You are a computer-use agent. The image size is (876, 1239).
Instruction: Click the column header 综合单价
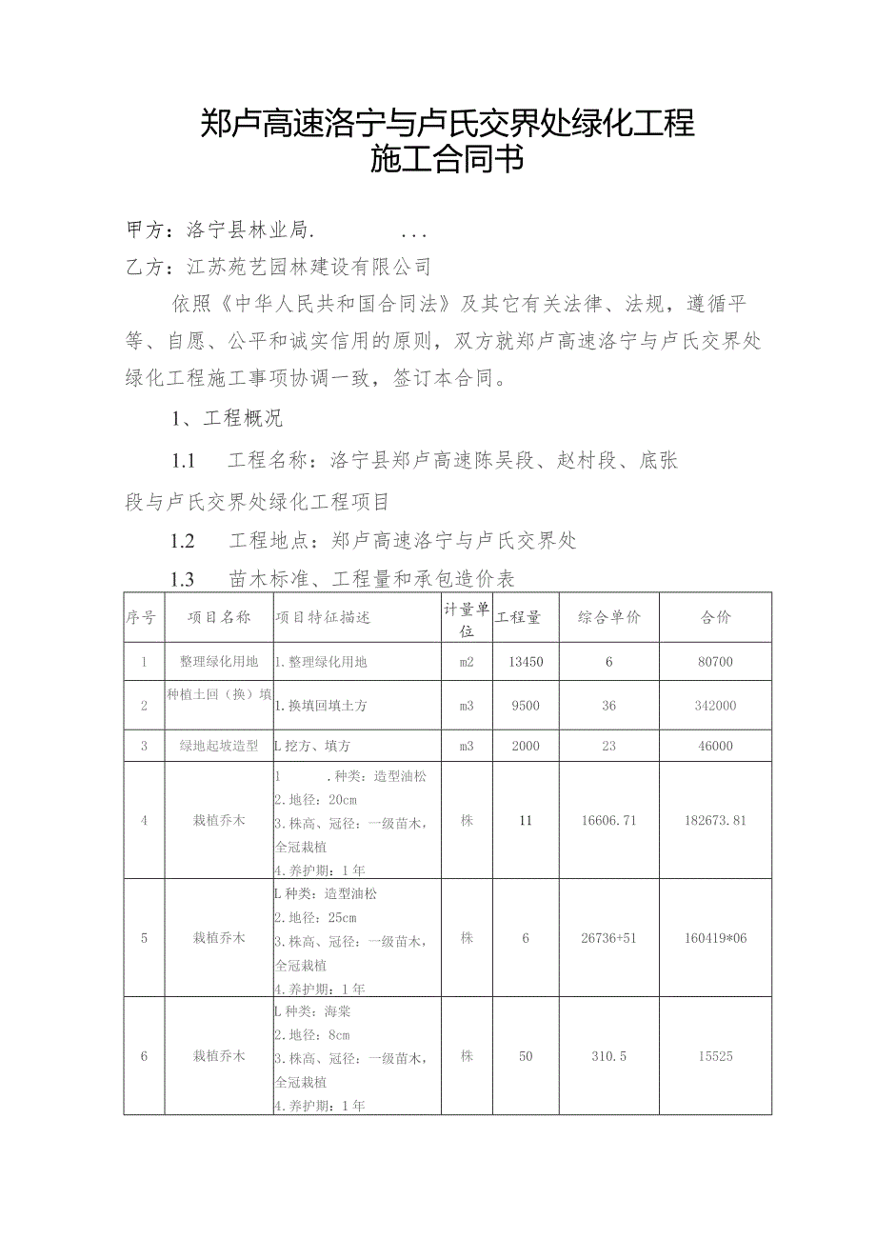[609, 617]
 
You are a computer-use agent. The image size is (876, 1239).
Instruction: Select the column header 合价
[715, 617]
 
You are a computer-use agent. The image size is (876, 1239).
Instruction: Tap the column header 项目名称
[219, 617]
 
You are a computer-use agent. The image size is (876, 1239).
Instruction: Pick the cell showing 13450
[526, 661]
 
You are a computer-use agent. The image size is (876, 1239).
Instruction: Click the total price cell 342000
[715, 706]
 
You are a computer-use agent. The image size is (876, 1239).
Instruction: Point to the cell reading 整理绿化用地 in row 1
[219, 661]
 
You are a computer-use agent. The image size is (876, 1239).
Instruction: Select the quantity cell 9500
[526, 706]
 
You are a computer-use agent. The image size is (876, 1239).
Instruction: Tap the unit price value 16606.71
[609, 820]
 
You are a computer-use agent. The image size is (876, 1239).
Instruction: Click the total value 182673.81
[715, 820]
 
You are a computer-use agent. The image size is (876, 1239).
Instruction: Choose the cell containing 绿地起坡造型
[219, 747]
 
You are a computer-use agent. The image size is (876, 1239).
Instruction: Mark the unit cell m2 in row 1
[467, 661]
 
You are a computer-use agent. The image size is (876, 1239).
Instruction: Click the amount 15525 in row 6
[715, 1056]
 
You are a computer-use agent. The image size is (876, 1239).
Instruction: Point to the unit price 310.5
[607, 1056]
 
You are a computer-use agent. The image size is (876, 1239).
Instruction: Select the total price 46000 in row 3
[715, 747]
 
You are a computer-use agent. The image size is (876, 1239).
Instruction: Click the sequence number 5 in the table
[144, 938]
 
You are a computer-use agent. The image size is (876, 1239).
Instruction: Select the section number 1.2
[183, 541]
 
